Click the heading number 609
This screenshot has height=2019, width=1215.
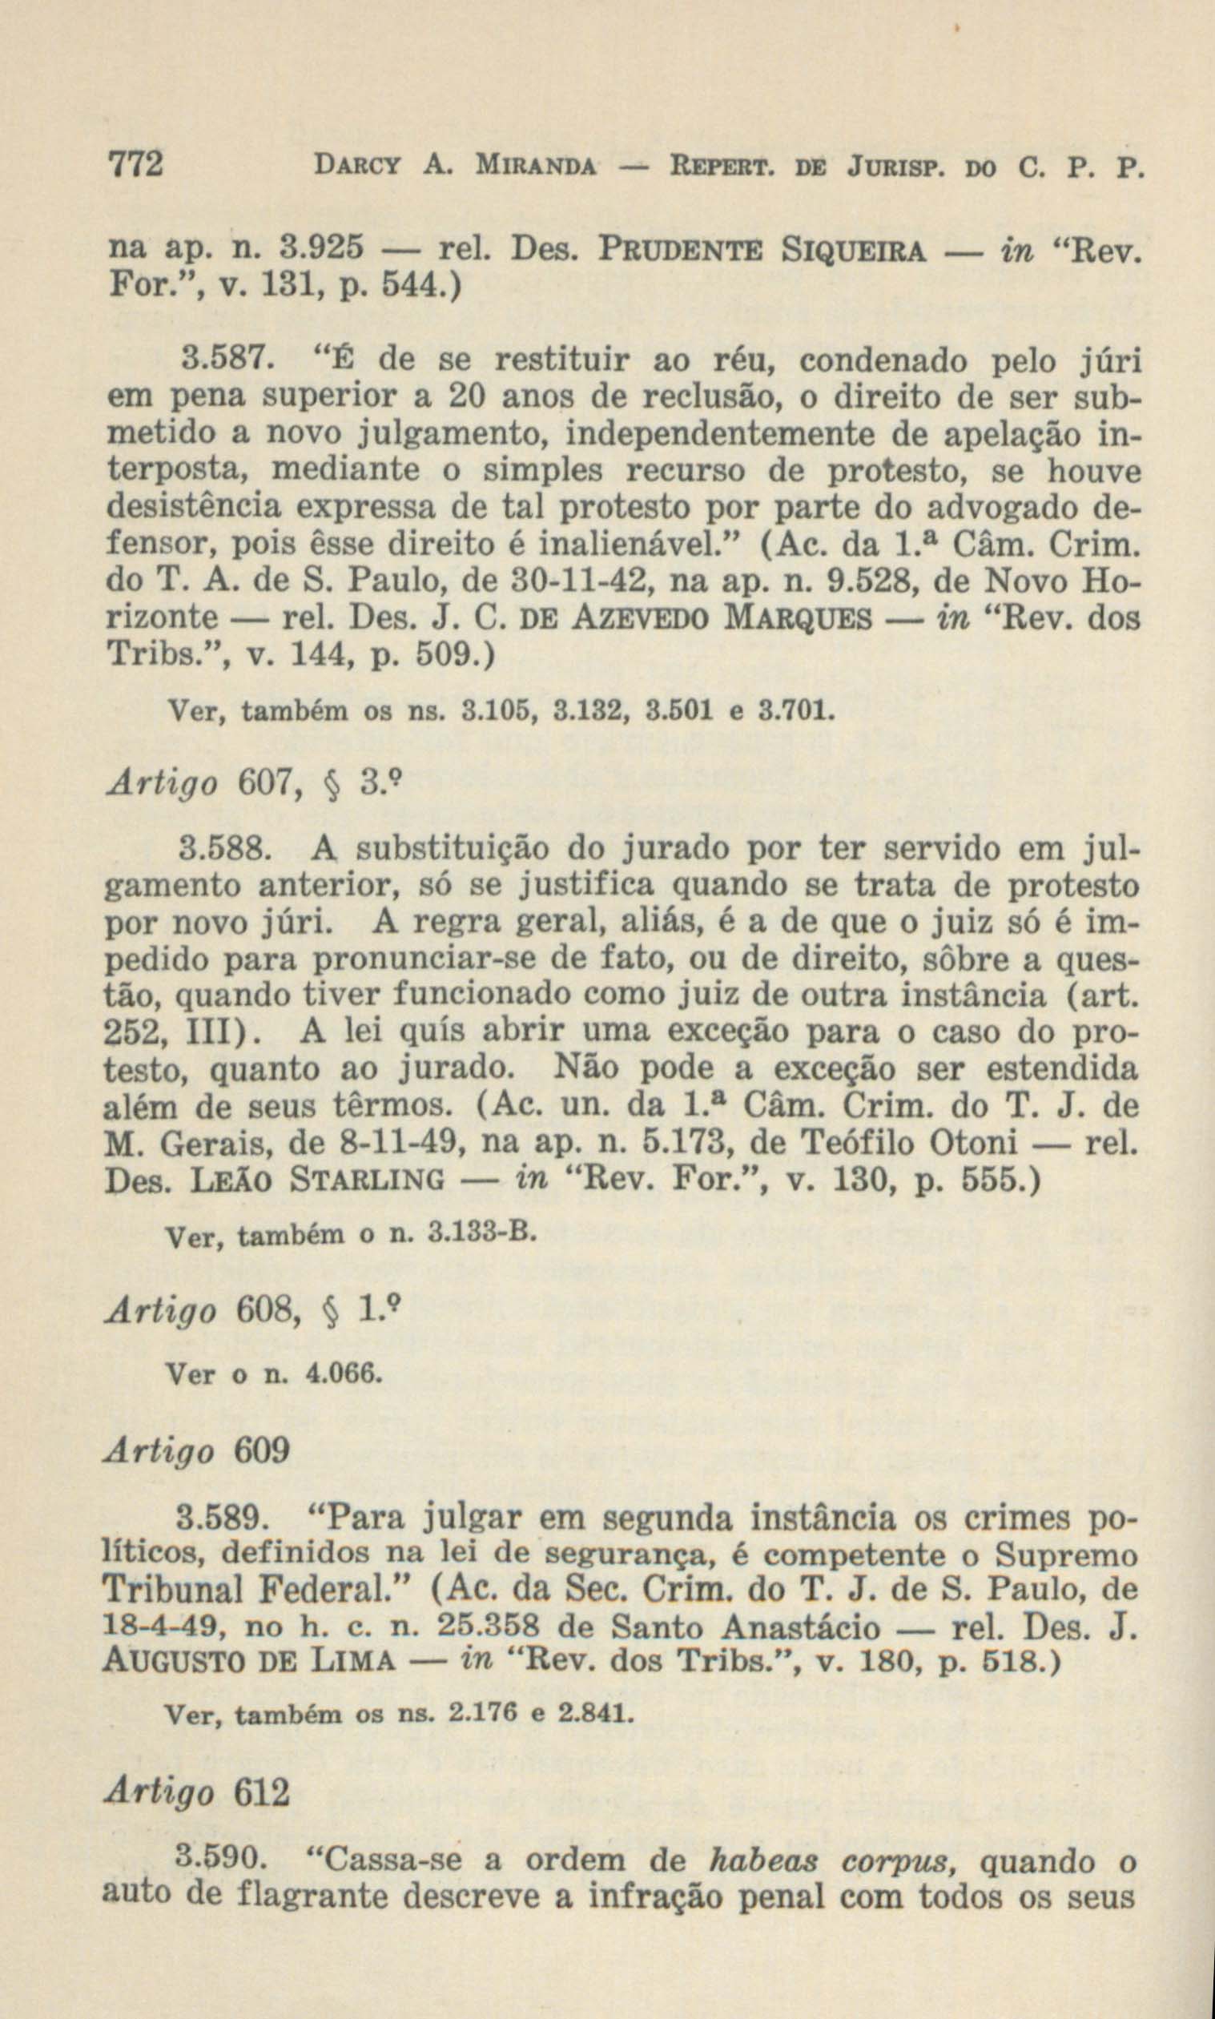pos(263,1451)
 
